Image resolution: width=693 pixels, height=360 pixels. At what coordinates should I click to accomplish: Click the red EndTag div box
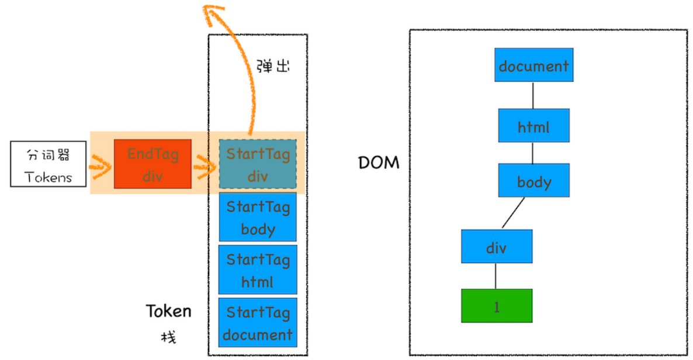(153, 164)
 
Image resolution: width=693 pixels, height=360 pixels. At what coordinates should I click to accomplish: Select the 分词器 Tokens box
(48, 164)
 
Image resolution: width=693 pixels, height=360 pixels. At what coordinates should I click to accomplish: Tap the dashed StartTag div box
(258, 164)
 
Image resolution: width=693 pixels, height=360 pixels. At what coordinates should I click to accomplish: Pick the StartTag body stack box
(258, 217)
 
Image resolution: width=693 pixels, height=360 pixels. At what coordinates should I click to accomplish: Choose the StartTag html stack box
(258, 269)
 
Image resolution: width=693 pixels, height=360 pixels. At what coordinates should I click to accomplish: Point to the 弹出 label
(273, 65)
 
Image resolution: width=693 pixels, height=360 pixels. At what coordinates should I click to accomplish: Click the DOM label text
(379, 162)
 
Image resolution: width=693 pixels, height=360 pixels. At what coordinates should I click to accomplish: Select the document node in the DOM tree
(533, 65)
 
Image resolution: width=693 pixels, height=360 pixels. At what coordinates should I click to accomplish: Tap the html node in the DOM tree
(533, 125)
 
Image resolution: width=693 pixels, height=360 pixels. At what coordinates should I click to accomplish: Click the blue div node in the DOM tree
(496, 246)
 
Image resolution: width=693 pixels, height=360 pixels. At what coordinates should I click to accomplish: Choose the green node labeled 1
(496, 305)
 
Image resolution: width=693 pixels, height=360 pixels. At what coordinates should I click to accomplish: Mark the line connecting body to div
(513, 213)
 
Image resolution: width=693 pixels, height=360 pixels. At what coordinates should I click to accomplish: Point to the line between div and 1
(496, 276)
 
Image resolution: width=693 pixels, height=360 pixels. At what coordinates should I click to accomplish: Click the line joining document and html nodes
(533, 95)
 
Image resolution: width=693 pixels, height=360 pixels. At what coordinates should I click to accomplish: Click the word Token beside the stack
(168, 311)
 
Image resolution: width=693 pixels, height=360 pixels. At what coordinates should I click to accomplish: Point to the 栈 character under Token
(168, 338)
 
